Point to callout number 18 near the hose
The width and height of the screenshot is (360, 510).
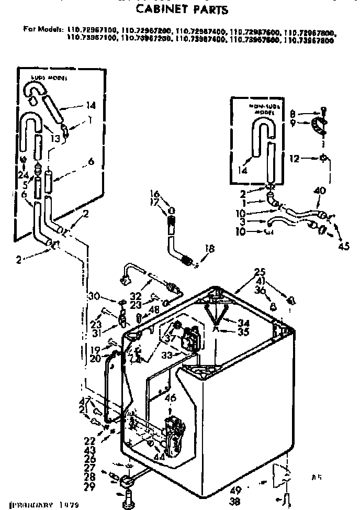[210, 250]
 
